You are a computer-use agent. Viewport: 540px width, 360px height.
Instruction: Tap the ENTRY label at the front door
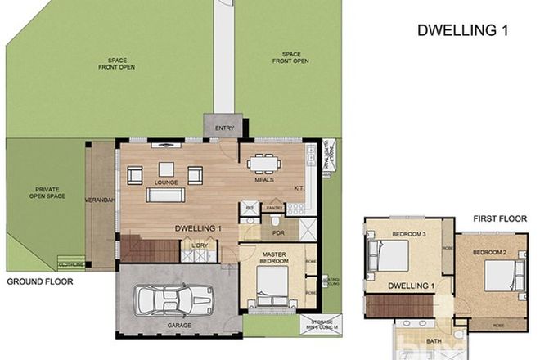[x=223, y=128]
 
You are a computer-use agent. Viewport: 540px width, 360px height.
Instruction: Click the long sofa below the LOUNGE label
[x=164, y=196]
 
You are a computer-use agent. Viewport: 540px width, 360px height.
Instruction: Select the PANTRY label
[x=273, y=209]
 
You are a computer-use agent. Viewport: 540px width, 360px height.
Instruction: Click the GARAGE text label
[x=179, y=326]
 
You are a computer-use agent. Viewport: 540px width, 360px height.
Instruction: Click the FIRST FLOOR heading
[x=495, y=218]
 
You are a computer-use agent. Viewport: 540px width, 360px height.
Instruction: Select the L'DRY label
[x=198, y=245]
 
